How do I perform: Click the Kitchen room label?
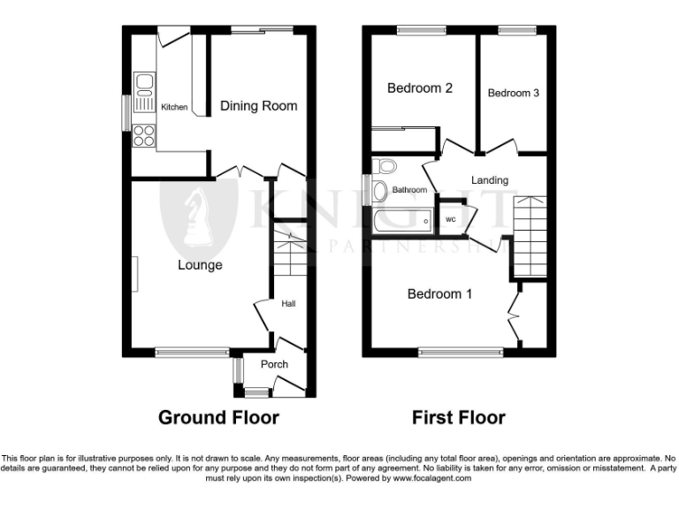point(174,108)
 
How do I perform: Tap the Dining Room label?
point(258,106)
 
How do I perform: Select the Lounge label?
point(199,265)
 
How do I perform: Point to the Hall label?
point(288,304)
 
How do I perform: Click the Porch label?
point(274,364)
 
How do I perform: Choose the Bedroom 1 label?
point(439,294)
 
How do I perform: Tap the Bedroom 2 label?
point(421,88)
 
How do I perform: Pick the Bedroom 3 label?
point(513,93)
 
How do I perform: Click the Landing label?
point(489,180)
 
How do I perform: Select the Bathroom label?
point(409,190)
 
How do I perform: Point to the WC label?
point(450,219)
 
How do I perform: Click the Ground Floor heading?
point(218,417)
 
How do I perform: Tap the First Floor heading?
point(459,417)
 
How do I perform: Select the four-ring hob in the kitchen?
point(143,136)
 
